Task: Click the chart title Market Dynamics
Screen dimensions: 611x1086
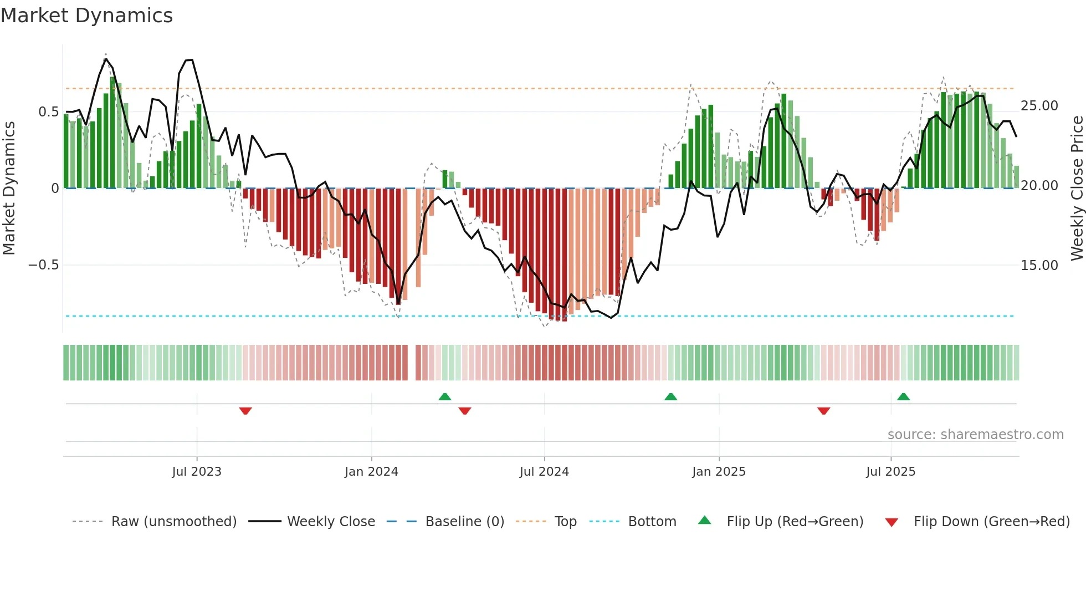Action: coord(86,16)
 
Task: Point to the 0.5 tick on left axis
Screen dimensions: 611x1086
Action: coord(48,112)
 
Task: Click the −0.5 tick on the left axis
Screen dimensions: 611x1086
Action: coord(44,265)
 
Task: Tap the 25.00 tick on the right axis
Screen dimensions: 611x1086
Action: coord(1039,106)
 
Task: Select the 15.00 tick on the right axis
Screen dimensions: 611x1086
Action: coord(1039,266)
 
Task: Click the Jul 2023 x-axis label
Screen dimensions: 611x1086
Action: coord(196,472)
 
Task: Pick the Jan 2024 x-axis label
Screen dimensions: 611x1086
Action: coord(371,472)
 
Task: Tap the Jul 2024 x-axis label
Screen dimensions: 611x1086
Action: coord(544,472)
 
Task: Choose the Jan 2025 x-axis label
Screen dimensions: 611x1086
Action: coord(718,472)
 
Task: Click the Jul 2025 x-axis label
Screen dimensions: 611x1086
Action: coord(890,472)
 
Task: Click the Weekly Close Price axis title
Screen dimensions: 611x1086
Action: coord(1077,188)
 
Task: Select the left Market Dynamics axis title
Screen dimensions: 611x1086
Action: coord(9,188)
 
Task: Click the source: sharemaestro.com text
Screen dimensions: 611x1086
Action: coord(975,435)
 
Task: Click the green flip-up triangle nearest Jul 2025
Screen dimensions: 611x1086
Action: coord(903,396)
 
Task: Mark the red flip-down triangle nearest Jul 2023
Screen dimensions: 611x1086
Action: coord(245,411)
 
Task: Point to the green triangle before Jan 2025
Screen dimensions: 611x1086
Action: coord(670,396)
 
